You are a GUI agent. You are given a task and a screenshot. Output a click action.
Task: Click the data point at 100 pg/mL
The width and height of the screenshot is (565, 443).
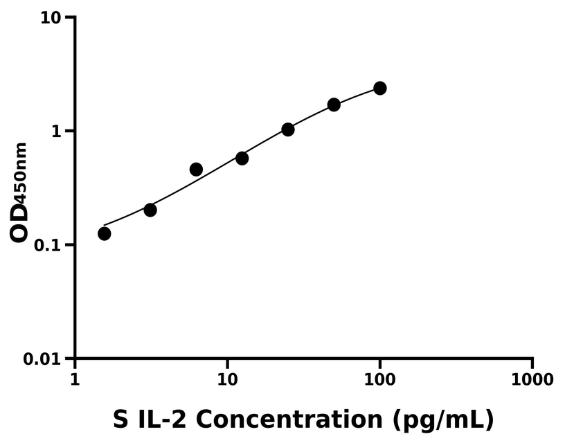(x=379, y=88)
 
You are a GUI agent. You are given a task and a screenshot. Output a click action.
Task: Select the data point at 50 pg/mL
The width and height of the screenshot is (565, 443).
(x=334, y=105)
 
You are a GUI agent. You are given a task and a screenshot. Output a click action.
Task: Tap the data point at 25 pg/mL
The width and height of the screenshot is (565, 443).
(x=288, y=129)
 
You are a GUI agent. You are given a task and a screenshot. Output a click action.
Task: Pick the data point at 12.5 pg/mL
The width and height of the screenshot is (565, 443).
(x=242, y=158)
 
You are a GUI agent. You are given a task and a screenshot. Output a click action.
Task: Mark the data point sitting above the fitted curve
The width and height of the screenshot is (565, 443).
(x=196, y=170)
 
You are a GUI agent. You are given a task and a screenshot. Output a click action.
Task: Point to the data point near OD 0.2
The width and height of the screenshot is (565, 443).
(x=150, y=210)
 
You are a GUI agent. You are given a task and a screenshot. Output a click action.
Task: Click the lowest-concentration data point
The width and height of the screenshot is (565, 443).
(x=105, y=233)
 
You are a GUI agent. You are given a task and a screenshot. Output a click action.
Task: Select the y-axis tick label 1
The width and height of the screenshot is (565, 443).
(x=60, y=132)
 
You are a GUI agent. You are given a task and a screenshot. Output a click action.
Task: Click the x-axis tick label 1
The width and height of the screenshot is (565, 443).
(x=75, y=379)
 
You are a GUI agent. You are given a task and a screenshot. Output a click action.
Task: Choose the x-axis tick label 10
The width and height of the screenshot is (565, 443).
(x=227, y=379)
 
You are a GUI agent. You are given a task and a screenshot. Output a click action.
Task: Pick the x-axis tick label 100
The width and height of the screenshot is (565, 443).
(x=379, y=379)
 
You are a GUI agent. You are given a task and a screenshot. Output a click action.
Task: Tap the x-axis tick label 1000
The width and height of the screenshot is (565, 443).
(x=532, y=379)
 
